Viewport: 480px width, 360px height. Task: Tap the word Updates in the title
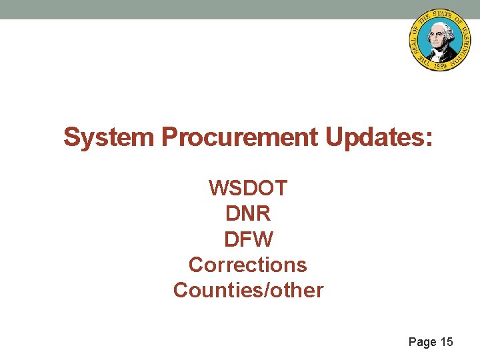375,138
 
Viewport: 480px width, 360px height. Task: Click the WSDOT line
248,188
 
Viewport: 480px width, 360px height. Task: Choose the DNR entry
248,214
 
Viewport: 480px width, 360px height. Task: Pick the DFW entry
248,239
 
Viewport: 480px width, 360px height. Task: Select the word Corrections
248,265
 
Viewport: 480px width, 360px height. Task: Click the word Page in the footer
422,342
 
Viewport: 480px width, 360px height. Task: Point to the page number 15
447,342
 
